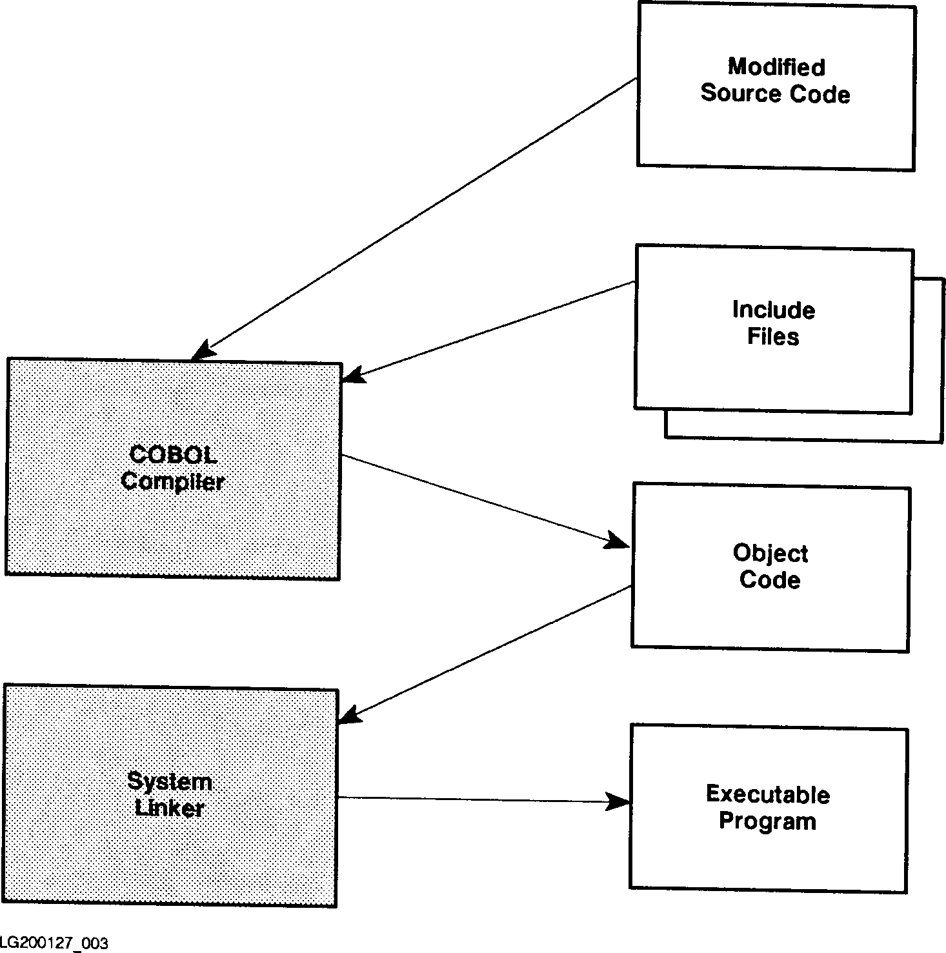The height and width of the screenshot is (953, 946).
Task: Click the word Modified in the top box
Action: click(776, 67)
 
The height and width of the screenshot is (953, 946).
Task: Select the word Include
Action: click(773, 310)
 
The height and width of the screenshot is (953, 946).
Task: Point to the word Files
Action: click(773, 337)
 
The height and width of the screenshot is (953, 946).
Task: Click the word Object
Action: click(770, 554)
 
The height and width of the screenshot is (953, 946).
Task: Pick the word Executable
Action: click(768, 794)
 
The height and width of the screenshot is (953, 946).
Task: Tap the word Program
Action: click(767, 821)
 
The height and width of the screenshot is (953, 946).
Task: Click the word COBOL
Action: click(173, 455)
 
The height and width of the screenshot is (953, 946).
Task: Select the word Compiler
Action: click(173, 481)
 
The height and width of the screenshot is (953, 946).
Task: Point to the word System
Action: click(170, 781)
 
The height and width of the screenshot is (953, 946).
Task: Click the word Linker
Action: click(170, 808)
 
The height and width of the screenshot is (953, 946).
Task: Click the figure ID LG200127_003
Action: click(54, 943)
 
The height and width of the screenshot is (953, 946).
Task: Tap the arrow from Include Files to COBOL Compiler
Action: click(490, 328)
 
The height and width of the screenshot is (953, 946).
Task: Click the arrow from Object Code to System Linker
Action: click(484, 652)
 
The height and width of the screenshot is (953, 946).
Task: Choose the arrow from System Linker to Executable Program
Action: click(478, 799)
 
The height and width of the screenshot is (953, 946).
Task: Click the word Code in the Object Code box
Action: click(770, 579)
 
